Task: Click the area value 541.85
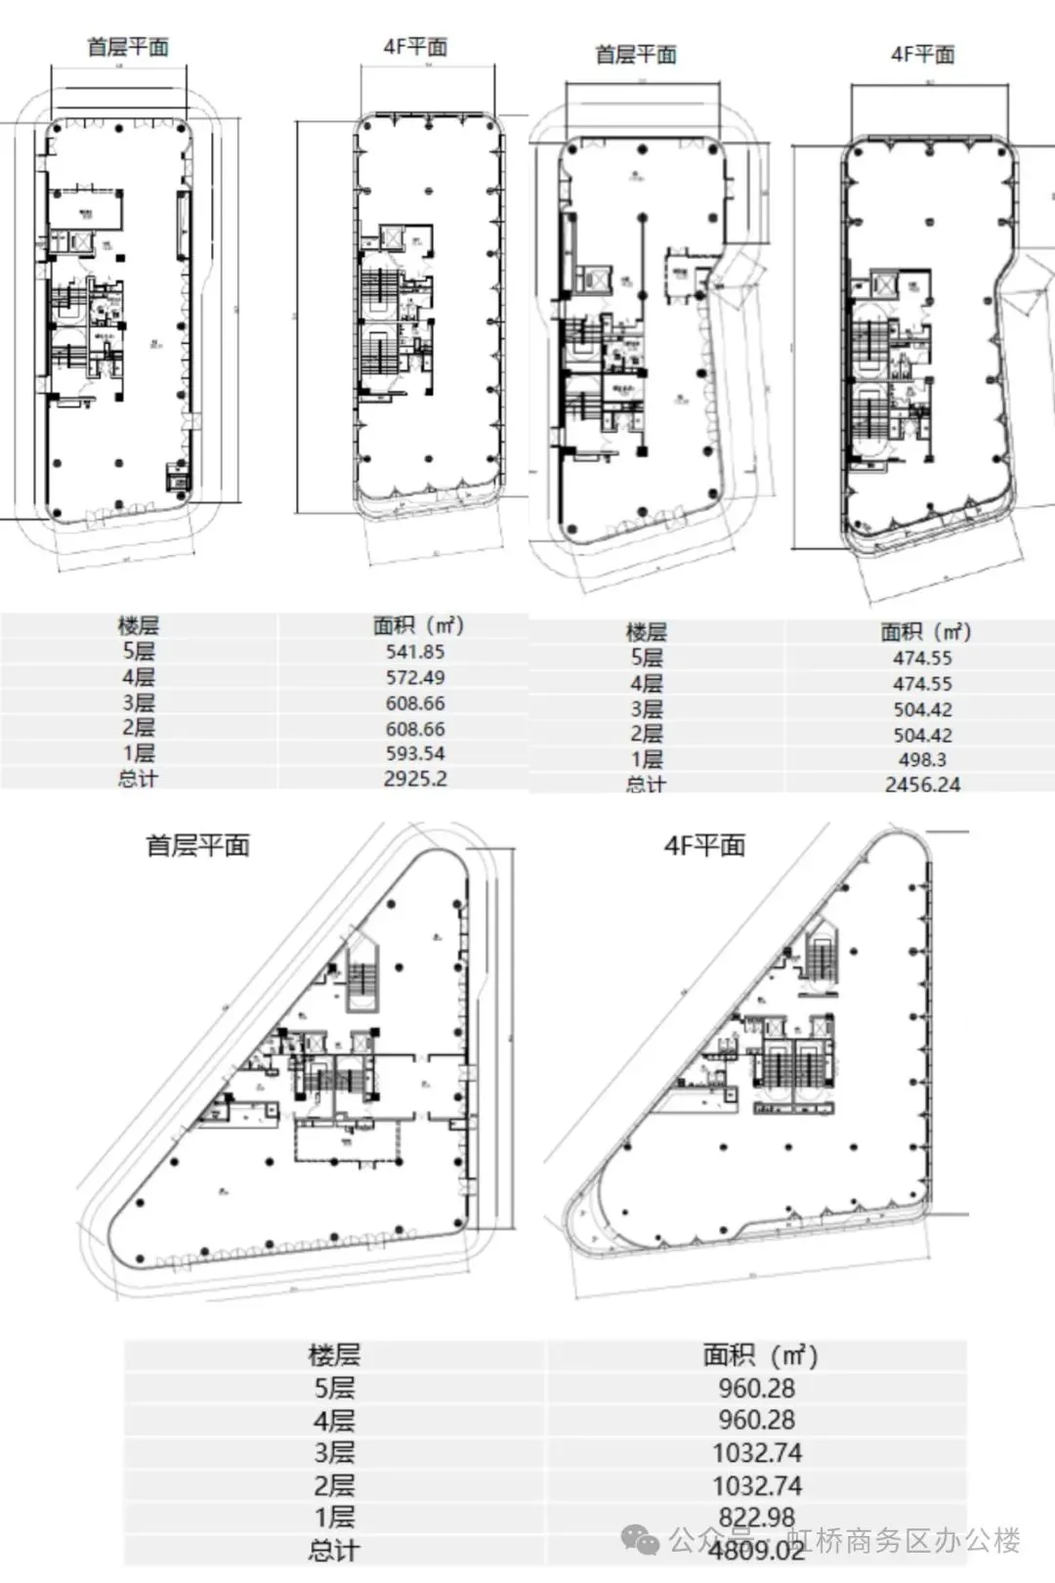(415, 652)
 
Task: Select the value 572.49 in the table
(415, 677)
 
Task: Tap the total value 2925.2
(415, 779)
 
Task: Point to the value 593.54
(415, 753)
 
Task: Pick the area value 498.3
(922, 759)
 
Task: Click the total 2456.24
(922, 784)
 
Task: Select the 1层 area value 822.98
(757, 1518)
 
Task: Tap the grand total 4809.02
(757, 1551)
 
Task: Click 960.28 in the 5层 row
(757, 1388)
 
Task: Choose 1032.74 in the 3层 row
(757, 1453)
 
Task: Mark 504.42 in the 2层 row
(922, 735)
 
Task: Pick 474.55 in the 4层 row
(922, 684)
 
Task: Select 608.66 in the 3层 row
(415, 703)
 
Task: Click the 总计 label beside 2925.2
(138, 779)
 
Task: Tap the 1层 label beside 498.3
(646, 759)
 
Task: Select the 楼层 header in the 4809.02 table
(334, 1355)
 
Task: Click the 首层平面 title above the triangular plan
(198, 845)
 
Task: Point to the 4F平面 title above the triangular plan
(704, 845)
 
